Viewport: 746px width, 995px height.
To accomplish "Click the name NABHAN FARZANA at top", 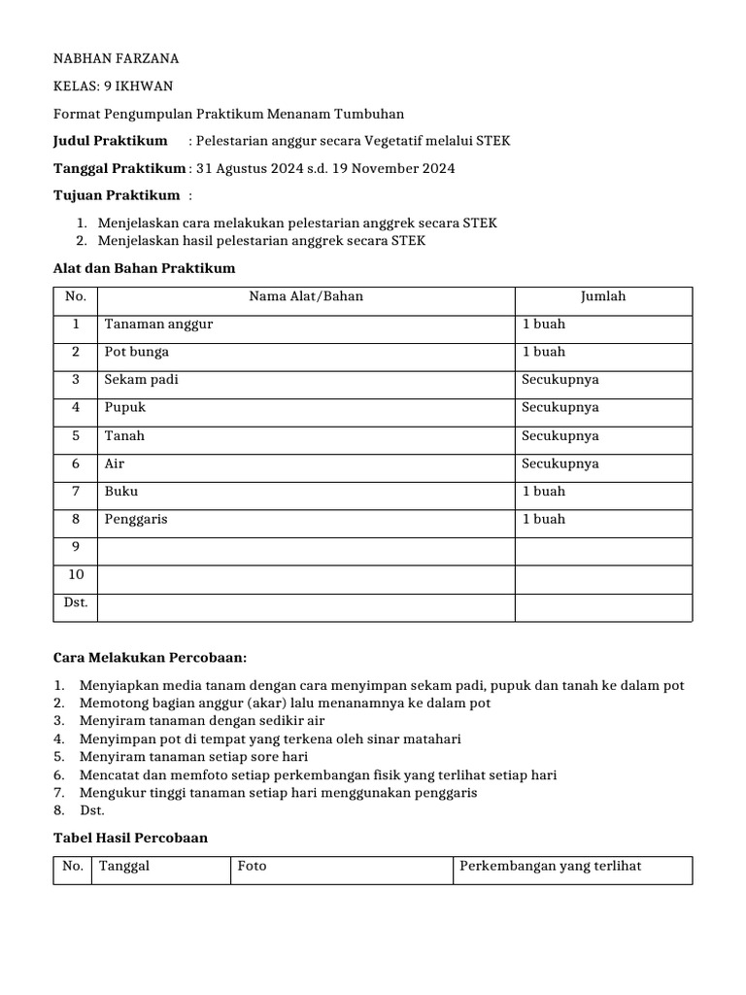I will coord(116,58).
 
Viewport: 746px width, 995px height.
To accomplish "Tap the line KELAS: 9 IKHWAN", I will coord(115,86).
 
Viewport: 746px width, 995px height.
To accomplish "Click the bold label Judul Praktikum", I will coord(110,141).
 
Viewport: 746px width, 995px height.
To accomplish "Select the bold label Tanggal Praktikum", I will coord(119,168).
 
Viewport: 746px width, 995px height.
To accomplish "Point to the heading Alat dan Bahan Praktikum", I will coord(144,267).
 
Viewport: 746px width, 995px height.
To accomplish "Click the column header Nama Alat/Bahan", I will coord(306,296).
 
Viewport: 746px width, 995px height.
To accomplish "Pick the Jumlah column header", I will coord(603,296).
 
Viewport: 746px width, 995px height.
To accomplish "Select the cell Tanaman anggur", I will coord(158,324).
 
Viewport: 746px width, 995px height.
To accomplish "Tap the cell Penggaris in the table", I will coord(136,519).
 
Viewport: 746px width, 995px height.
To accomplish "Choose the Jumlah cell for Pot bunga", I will coord(544,352).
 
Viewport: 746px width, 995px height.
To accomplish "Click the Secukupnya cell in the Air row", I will coord(560,463).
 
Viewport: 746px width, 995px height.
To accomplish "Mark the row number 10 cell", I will coord(75,575).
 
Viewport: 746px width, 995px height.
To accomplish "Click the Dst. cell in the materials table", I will coord(75,602).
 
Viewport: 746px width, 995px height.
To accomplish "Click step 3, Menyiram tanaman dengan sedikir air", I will coord(202,720).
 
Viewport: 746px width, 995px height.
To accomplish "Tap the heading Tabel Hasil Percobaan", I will coord(130,837).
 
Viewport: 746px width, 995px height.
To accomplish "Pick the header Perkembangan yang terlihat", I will coord(551,866).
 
